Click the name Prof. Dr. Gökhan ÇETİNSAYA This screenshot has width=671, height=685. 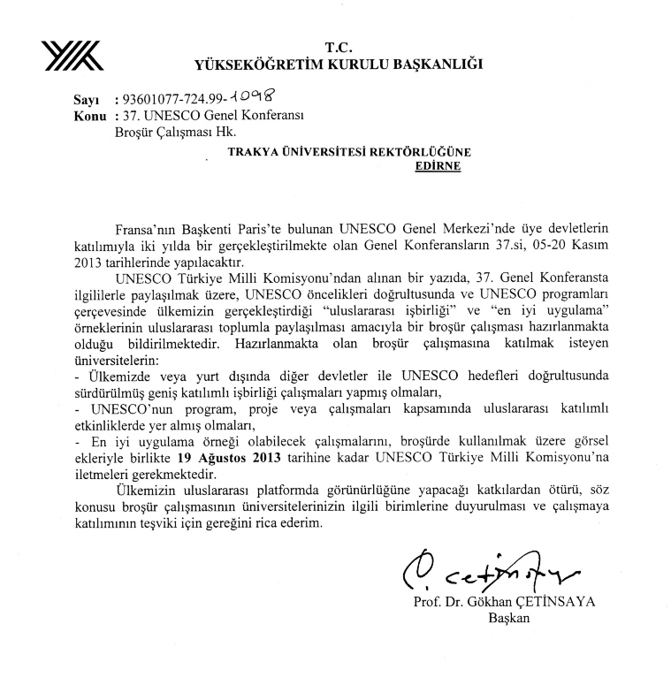point(504,603)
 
